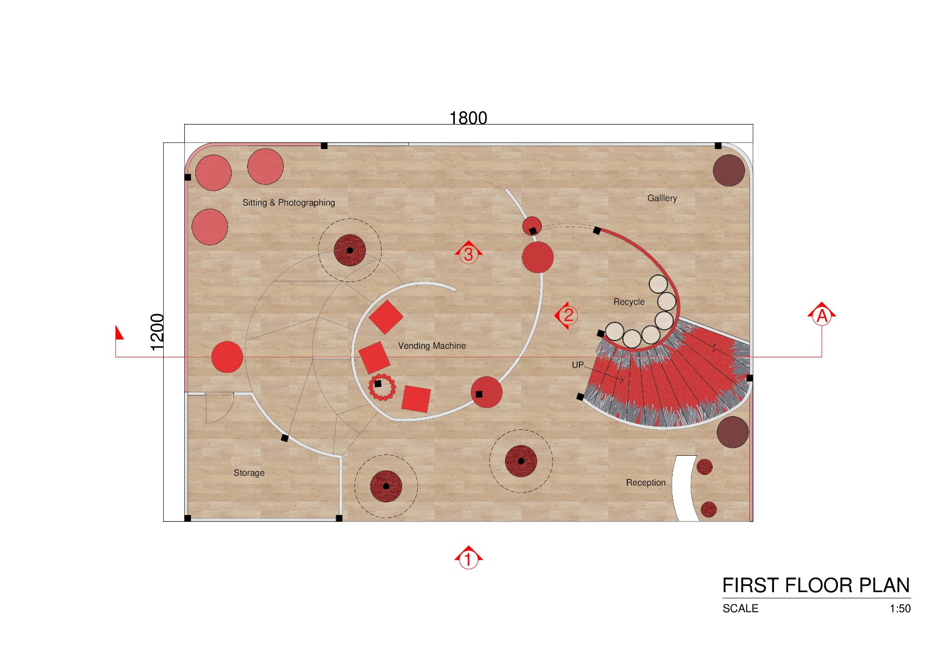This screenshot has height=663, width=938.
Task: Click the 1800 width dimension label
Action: pyautogui.click(x=468, y=118)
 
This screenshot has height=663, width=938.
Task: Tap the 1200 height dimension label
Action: pyautogui.click(x=157, y=332)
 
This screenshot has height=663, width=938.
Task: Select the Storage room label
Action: pyautogui.click(x=249, y=473)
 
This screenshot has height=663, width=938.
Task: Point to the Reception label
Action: pyautogui.click(x=645, y=483)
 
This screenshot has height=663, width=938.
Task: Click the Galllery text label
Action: pyautogui.click(x=662, y=198)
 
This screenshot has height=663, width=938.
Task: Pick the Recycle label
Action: pyautogui.click(x=629, y=302)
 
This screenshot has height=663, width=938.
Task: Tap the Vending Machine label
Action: pyautogui.click(x=432, y=346)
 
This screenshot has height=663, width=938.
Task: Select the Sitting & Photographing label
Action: pyautogui.click(x=288, y=203)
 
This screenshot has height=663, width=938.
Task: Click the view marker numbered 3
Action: pyautogui.click(x=469, y=254)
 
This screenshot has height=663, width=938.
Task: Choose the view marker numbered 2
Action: pyautogui.click(x=568, y=315)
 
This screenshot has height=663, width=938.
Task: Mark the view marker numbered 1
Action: pyautogui.click(x=468, y=558)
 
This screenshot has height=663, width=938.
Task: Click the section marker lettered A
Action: pyautogui.click(x=822, y=315)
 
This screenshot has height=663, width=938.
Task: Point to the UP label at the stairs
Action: pyautogui.click(x=577, y=365)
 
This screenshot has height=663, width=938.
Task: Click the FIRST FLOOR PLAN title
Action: pyautogui.click(x=815, y=585)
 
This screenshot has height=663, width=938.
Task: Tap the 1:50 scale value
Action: pyautogui.click(x=900, y=609)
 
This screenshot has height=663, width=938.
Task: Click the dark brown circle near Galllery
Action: pyautogui.click(x=728, y=171)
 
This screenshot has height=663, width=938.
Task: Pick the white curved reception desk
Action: pyautogui.click(x=682, y=489)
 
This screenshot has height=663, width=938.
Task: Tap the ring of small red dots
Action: pyautogui.click(x=382, y=387)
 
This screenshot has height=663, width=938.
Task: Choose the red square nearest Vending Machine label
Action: pyautogui.click(x=374, y=357)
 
